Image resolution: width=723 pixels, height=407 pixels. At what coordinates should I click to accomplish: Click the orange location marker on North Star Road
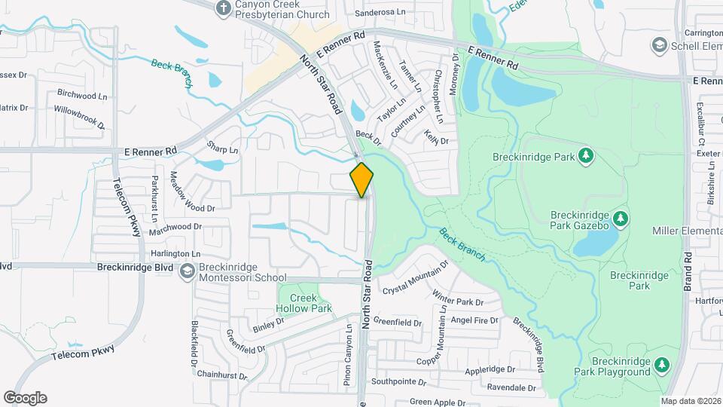(362, 179)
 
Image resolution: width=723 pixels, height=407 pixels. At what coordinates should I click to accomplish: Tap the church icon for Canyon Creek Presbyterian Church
(223, 8)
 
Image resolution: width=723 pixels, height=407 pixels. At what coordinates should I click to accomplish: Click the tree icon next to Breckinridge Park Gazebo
(621, 219)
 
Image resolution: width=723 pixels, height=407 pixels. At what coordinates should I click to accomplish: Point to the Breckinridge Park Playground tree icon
(661, 365)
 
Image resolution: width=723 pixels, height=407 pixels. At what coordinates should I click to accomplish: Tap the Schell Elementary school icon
(660, 45)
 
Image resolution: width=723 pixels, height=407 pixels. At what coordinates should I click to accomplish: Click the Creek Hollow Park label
(305, 302)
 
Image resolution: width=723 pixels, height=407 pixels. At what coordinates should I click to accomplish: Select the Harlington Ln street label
(176, 254)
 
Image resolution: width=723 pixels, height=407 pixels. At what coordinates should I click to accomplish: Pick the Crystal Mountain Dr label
(415, 278)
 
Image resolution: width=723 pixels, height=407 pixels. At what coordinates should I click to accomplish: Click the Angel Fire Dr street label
(474, 320)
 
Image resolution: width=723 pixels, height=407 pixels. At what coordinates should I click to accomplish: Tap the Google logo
(25, 398)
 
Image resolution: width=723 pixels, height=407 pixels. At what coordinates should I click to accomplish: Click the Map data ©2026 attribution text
(690, 400)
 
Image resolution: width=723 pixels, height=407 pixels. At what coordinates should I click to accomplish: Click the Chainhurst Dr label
(221, 375)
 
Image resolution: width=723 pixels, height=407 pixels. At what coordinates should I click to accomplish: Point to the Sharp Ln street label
(222, 149)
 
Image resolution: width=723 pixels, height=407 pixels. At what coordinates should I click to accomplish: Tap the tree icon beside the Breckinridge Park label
(586, 157)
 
